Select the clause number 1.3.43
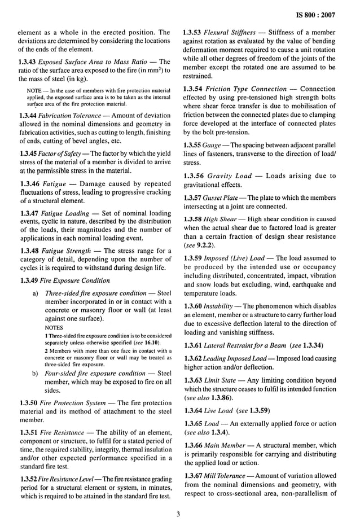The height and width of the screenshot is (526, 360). (x=29, y=62)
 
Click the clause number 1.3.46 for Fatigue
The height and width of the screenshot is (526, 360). (x=30, y=184)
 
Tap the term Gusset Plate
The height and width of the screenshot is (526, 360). (x=225, y=198)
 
